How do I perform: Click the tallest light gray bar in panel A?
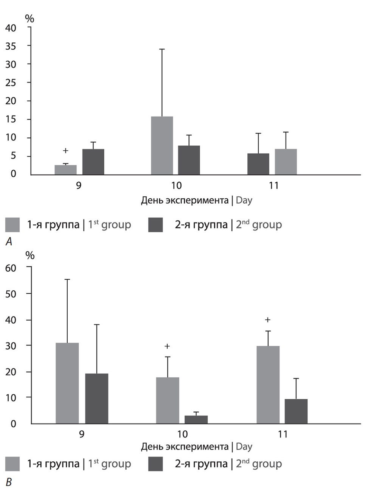tap(162, 146)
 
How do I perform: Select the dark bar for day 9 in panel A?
tap(93, 162)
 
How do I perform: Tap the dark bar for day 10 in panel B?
tap(196, 419)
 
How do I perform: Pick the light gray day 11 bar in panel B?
tap(268, 385)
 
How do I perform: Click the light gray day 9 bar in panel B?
tap(67, 383)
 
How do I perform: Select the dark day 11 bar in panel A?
tap(258, 164)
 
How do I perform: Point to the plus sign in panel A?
tap(65, 151)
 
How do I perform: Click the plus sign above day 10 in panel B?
tap(167, 346)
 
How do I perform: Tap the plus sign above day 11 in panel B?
tap(267, 320)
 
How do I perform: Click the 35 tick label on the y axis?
tap(11, 46)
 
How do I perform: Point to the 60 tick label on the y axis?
tap(11, 268)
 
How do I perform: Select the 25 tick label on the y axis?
tap(11, 83)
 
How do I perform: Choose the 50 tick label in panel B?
tap(11, 294)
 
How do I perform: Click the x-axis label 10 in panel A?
tap(176, 185)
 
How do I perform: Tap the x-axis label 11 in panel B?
tap(283, 434)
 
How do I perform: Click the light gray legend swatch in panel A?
tap(12, 225)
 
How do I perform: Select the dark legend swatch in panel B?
tap(155, 464)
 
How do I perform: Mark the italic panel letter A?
tap(9, 241)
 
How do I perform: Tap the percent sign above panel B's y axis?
tap(30, 256)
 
